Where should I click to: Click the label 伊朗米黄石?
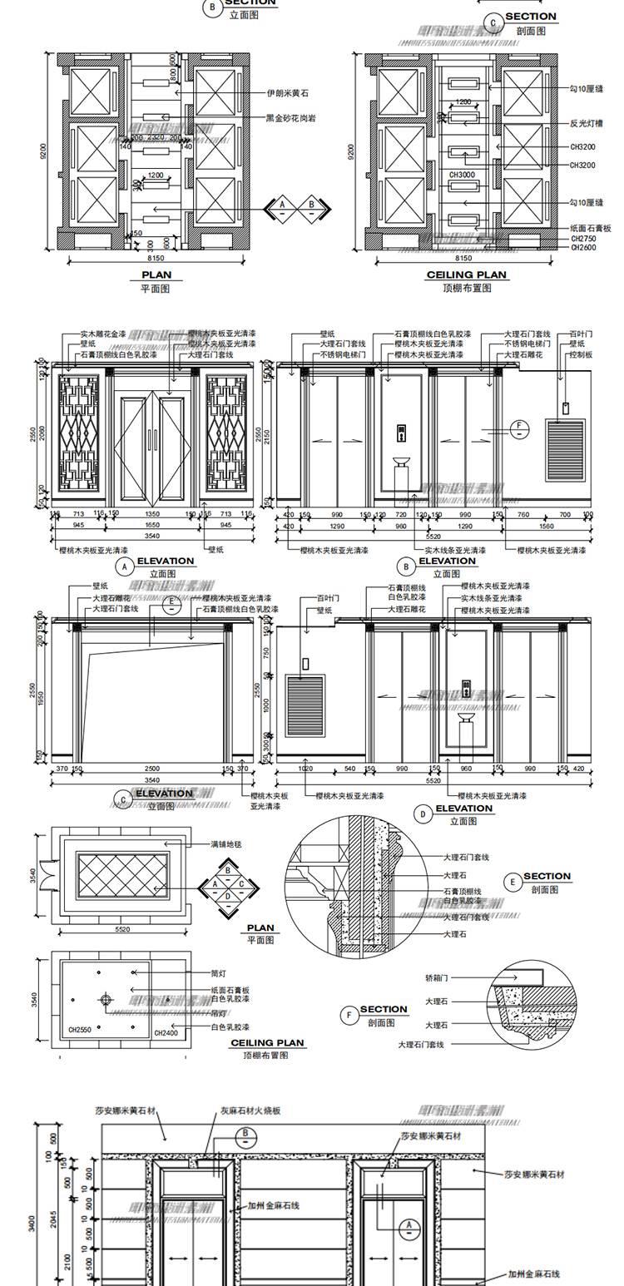287,94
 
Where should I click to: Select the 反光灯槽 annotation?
586,123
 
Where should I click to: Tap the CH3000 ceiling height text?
462,175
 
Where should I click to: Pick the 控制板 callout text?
581,354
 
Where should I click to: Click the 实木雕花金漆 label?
103,334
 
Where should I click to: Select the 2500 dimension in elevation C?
151,769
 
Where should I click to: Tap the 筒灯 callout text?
219,972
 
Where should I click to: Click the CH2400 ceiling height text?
166,1033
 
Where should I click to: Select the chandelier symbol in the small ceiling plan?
106,999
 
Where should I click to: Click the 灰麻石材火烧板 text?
250,1110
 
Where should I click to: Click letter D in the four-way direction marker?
228,896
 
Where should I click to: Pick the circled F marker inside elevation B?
519,428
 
